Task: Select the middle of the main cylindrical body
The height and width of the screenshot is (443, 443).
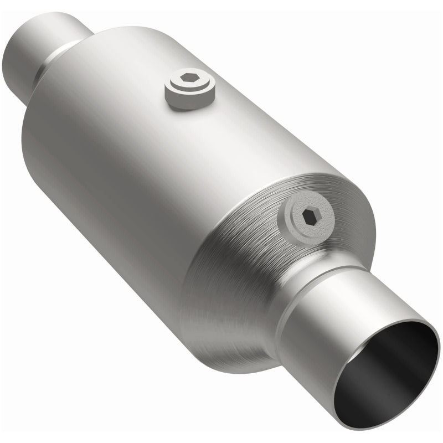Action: tap(138, 166)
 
